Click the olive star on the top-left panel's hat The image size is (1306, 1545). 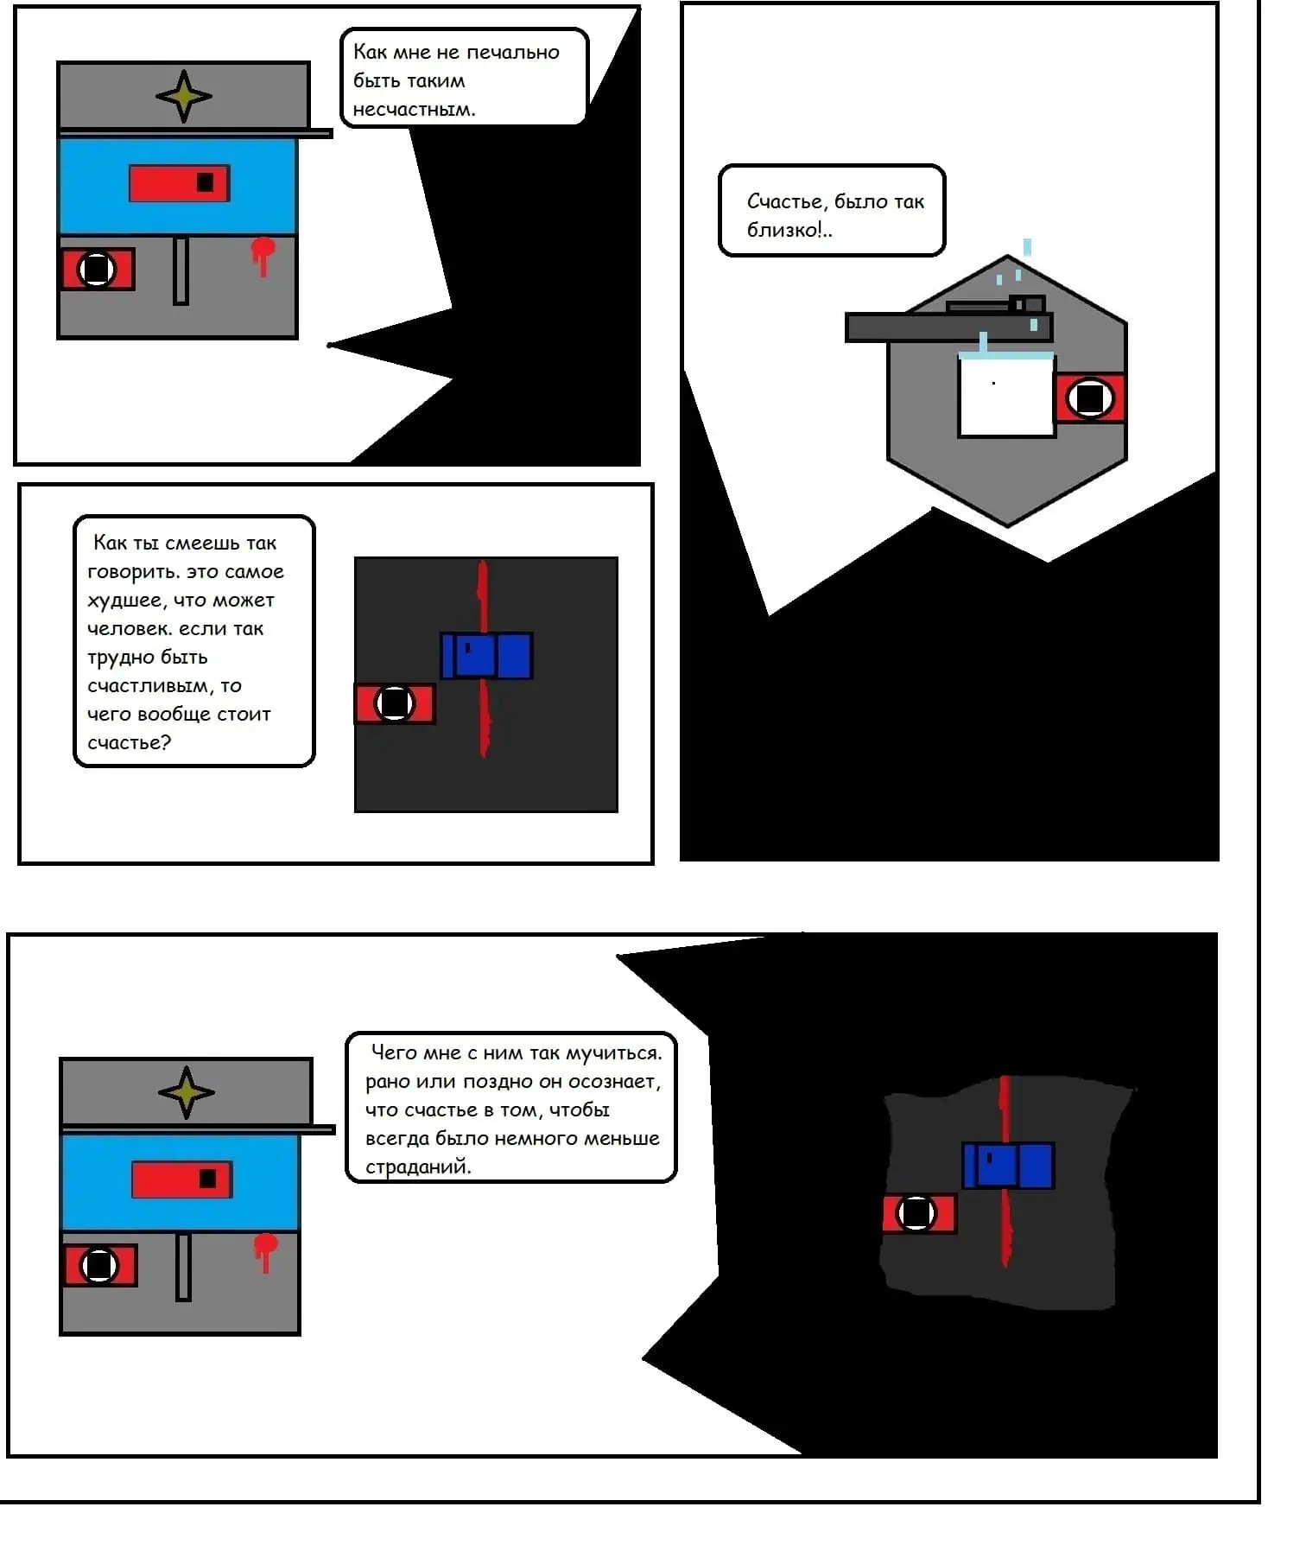[x=184, y=96]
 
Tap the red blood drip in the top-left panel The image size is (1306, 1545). [x=263, y=254]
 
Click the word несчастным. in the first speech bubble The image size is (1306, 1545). [x=414, y=110]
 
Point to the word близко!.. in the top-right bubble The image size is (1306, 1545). [x=789, y=230]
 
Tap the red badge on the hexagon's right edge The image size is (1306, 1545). [x=1090, y=398]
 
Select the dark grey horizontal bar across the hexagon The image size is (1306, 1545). [x=948, y=327]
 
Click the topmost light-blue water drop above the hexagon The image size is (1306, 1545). [x=1027, y=247]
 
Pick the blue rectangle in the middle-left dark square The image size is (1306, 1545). [x=487, y=656]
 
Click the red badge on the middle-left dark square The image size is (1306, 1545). [x=395, y=703]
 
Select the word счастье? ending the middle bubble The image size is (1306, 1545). [x=130, y=743]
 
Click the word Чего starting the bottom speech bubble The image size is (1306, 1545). [x=394, y=1052]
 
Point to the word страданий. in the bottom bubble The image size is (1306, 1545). [x=418, y=1167]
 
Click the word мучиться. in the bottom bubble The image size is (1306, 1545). [x=614, y=1053]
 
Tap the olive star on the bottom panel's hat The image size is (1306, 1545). [x=187, y=1092]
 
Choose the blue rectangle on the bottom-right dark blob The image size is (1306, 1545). [x=1008, y=1166]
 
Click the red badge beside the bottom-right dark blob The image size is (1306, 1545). [x=919, y=1213]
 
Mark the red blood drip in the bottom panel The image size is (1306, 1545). [x=265, y=1250]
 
